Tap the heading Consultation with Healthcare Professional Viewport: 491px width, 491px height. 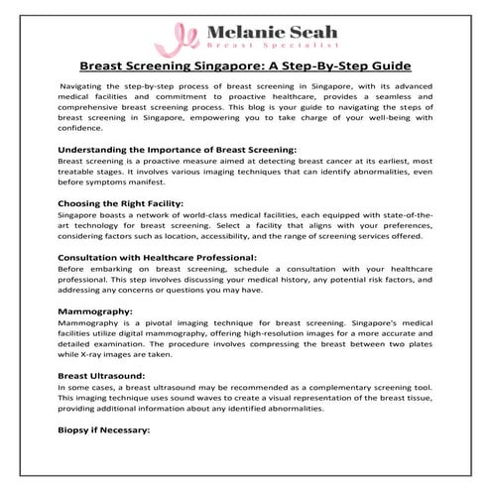(157, 256)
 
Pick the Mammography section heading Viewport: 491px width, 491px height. (96, 310)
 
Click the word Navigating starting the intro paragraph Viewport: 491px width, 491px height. (84, 89)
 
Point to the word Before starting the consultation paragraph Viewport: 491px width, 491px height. (73, 269)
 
